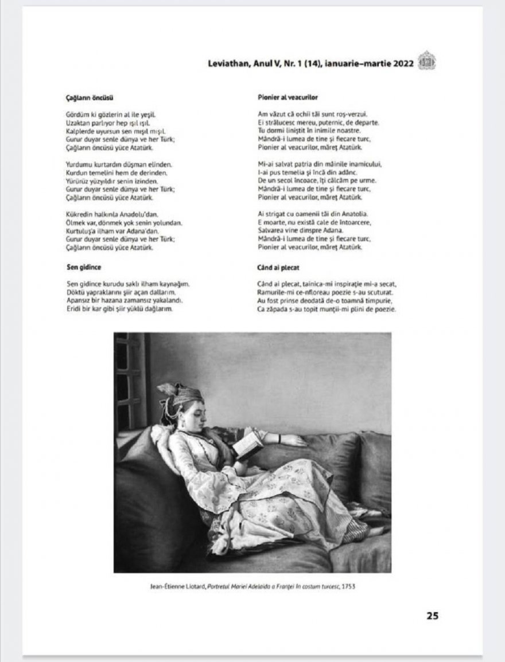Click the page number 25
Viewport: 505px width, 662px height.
432,616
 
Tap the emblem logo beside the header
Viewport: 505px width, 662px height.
426,62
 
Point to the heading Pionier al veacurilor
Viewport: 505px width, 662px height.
288,98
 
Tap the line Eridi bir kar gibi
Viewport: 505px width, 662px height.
120,309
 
